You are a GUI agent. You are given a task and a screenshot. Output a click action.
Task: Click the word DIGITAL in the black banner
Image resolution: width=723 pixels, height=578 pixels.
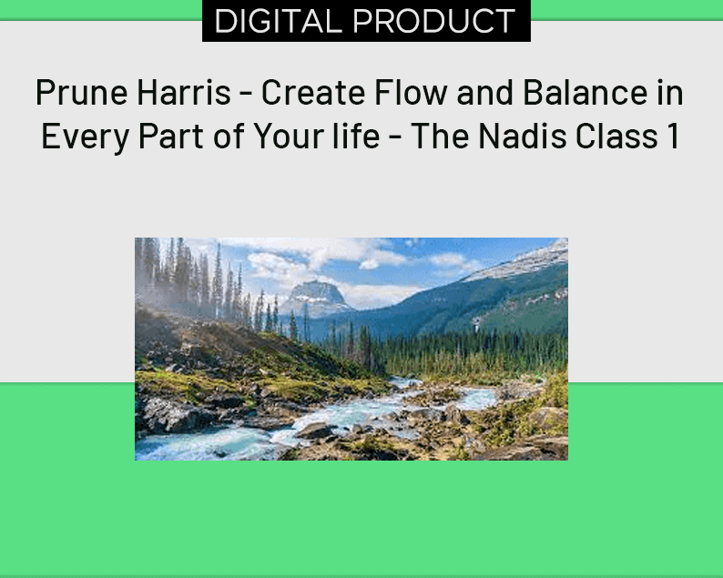click(x=278, y=21)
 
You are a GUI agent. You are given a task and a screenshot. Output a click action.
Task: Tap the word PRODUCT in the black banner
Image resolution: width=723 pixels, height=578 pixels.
click(x=434, y=21)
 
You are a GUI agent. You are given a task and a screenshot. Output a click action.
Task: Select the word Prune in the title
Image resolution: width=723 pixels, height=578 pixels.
click(x=82, y=93)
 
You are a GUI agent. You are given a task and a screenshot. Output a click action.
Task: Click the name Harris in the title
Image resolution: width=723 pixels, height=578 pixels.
click(x=184, y=92)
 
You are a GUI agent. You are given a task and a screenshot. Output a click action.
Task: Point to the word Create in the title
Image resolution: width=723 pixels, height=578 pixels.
click(x=313, y=92)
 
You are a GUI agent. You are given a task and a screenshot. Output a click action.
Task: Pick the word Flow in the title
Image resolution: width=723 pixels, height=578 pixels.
click(x=411, y=92)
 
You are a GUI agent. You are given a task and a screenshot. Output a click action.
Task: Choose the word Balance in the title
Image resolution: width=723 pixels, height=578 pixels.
click(x=586, y=92)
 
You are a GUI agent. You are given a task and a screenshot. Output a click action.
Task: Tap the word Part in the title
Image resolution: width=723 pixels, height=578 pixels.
click(x=171, y=136)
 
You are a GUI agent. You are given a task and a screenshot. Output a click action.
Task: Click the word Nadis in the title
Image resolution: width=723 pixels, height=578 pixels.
click(x=523, y=135)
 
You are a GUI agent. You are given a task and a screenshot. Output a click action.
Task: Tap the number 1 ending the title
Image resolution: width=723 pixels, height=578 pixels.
click(x=674, y=136)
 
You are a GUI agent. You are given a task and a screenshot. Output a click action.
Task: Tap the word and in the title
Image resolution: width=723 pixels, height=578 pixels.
click(x=485, y=92)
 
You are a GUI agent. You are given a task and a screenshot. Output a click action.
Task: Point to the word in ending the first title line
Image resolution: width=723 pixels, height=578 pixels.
click(x=670, y=92)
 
